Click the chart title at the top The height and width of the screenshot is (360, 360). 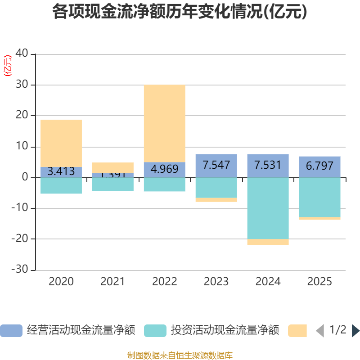(x=180, y=12)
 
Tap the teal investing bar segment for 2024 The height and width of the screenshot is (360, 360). (x=268, y=208)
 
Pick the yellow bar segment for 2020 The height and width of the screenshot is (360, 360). (x=61, y=143)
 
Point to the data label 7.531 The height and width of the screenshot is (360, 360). (x=268, y=165)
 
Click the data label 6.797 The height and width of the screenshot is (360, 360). (x=319, y=166)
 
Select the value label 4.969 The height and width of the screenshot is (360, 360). (x=164, y=170)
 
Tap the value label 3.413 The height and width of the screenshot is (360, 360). (x=61, y=171)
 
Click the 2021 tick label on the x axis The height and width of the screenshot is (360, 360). (x=112, y=282)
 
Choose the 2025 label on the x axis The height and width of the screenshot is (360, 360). (x=319, y=282)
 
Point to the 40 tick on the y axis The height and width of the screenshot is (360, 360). (x=22, y=54)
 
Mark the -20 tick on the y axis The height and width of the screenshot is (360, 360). (x=20, y=239)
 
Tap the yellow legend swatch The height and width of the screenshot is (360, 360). (x=297, y=331)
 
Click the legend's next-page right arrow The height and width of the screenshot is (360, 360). (x=355, y=331)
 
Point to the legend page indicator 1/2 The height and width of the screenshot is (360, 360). (x=338, y=330)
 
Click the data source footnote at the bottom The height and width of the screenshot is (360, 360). (x=180, y=355)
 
